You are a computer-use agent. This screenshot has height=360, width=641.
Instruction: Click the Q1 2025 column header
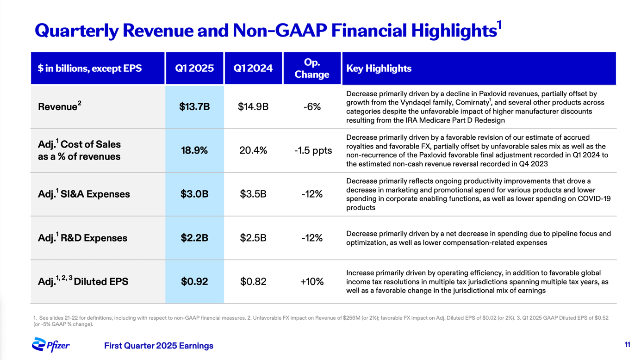tap(194, 68)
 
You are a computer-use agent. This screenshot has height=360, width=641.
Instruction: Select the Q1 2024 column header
tap(253, 68)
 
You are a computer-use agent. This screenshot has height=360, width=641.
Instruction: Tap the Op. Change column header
tap(311, 68)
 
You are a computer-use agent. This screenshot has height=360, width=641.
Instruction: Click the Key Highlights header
tap(379, 68)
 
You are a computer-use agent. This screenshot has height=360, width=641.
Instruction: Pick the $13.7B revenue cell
tap(194, 107)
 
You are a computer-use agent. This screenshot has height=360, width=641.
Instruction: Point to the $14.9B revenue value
tap(253, 107)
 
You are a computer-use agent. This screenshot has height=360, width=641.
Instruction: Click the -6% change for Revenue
tap(312, 107)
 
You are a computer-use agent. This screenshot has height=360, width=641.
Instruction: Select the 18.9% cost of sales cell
tap(194, 150)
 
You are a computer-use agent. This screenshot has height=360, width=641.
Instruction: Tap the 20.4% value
tap(253, 150)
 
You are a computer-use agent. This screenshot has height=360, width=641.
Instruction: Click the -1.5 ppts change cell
tap(313, 150)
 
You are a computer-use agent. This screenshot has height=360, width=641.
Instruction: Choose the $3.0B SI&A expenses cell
tap(194, 194)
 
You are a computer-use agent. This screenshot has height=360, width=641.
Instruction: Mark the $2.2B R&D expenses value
tap(194, 238)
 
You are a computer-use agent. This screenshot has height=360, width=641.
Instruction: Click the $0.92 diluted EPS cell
tap(194, 282)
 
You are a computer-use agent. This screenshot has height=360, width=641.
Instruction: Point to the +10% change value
tap(312, 282)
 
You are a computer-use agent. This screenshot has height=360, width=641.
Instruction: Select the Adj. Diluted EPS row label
tap(83, 281)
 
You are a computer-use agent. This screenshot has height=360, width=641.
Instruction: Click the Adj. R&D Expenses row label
tap(82, 238)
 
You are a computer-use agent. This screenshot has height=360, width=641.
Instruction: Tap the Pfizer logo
tap(51, 345)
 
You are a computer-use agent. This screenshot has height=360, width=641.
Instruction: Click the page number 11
tap(627, 345)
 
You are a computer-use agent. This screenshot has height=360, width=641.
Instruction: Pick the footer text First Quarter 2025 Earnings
tap(159, 346)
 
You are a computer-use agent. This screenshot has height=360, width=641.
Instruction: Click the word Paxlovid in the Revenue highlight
tap(492, 94)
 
